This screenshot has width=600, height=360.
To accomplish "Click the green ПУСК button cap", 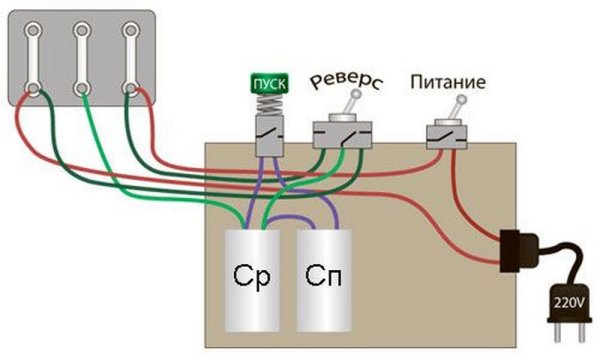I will (268, 83).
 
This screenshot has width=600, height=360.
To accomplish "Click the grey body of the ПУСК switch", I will (267, 136).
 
